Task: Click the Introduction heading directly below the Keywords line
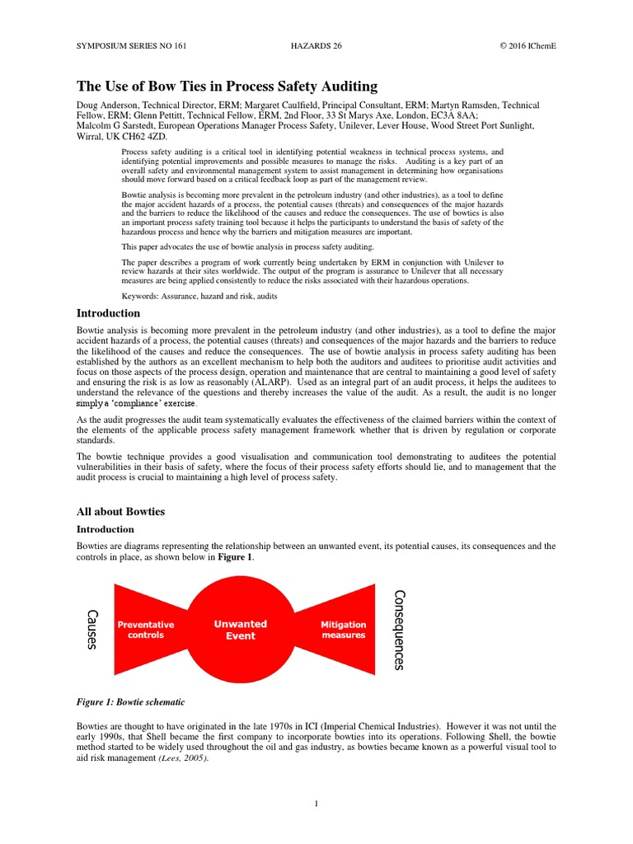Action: pyautogui.click(x=108, y=313)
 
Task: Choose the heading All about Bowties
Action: pyautogui.click(x=120, y=512)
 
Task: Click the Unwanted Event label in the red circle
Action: pyautogui.click(x=241, y=630)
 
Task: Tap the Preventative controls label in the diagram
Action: pyautogui.click(x=146, y=630)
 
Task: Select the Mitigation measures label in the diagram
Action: pyautogui.click(x=343, y=630)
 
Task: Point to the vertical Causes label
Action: pyautogui.click(x=92, y=629)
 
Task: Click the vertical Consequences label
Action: pyautogui.click(x=400, y=629)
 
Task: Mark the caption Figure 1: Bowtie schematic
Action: pyautogui.click(x=130, y=701)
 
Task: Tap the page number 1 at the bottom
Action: pyautogui.click(x=316, y=804)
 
